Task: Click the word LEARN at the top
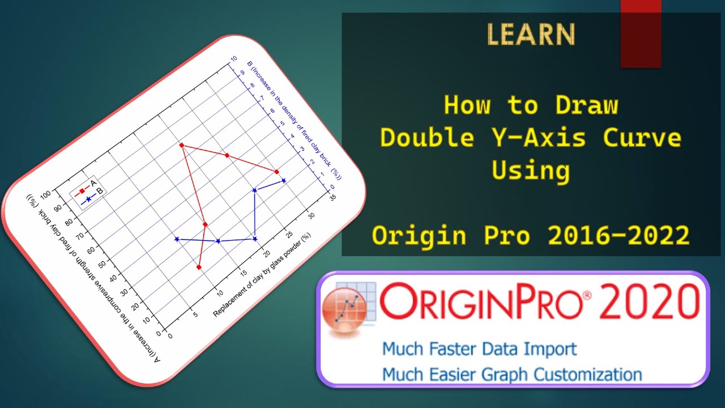pos(531,35)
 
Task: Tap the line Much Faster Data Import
pos(479,348)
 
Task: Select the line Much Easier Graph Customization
pos(511,374)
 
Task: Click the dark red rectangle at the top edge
pos(641,34)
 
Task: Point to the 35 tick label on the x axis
pos(333,197)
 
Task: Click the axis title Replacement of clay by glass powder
pos(263,275)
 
